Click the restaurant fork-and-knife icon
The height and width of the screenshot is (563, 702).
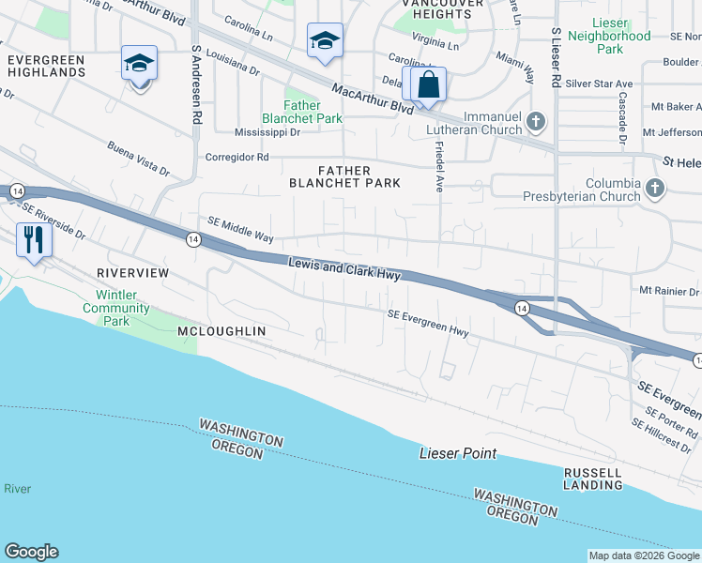34,240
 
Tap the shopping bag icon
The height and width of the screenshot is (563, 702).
428,84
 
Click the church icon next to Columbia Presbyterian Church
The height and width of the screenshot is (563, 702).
655,190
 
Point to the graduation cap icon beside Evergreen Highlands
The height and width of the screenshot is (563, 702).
139,64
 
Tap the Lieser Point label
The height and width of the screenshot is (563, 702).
457,454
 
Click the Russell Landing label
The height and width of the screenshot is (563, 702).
593,479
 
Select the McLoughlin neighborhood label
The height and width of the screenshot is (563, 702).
221,331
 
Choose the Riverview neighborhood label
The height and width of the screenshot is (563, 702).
132,272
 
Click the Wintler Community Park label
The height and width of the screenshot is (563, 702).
115,308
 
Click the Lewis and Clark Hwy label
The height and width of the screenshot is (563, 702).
344,270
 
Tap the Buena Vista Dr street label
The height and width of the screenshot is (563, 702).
138,160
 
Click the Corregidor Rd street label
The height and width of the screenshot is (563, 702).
237,157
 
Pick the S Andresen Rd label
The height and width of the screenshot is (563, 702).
197,84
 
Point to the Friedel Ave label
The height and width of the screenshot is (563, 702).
438,167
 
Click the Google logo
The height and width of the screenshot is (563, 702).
31,552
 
